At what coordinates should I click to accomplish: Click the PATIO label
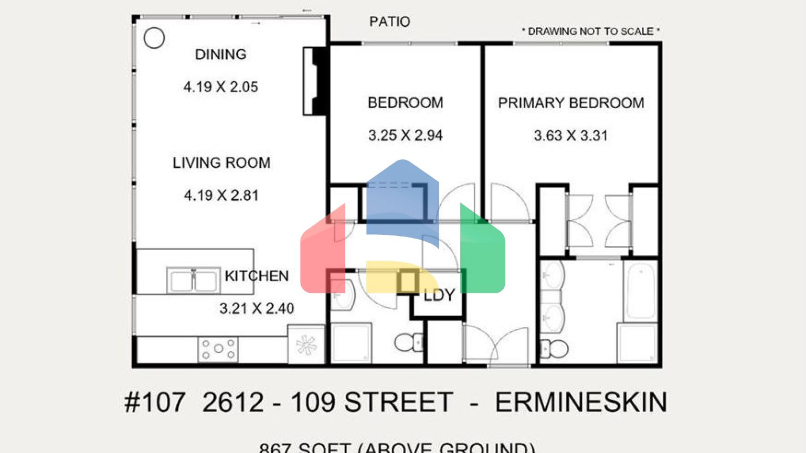389,21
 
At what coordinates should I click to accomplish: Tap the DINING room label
220,55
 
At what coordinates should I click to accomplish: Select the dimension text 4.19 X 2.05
220,87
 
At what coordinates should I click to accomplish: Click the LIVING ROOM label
221,163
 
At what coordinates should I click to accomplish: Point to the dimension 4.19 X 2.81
221,196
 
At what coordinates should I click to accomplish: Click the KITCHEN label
257,276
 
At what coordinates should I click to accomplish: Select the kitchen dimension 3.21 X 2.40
257,308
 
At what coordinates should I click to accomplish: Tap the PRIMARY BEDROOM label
571,103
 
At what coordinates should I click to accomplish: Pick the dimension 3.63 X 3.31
570,136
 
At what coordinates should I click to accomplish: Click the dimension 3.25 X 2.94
405,136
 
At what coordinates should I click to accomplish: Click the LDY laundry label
439,296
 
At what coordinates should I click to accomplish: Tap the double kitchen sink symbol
193,281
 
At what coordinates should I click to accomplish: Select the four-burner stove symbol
218,349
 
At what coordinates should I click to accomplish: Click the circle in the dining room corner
154,38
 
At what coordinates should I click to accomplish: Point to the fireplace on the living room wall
316,81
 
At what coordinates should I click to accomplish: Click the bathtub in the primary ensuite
641,291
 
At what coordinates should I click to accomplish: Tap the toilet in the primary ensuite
555,348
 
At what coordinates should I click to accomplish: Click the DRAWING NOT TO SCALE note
590,31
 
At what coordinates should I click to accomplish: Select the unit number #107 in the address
155,403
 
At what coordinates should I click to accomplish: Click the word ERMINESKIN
581,403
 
